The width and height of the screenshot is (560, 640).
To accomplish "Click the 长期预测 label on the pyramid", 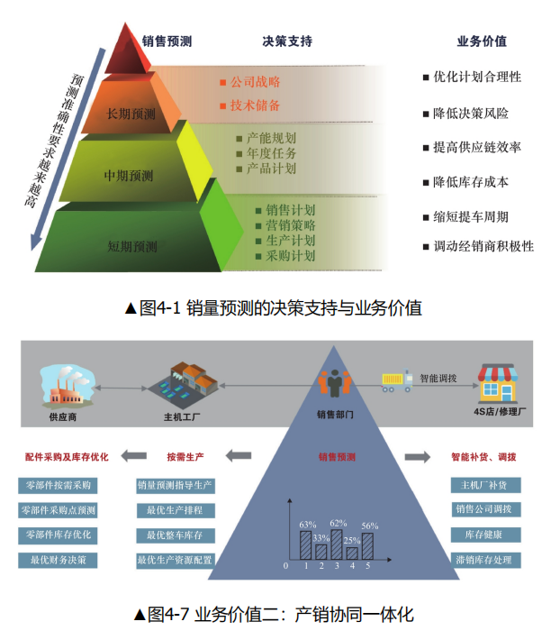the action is point(131,114).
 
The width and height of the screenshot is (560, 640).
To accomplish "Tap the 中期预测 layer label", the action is point(129,175).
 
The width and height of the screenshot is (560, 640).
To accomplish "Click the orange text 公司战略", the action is point(256,82).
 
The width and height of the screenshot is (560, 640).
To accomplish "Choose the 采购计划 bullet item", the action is point(290,256).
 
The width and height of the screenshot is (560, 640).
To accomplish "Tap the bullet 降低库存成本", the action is point(471,182).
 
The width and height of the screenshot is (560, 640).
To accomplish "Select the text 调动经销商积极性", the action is point(483,246).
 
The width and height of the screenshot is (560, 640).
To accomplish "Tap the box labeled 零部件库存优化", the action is point(58,535).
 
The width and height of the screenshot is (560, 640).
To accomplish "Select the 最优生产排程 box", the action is point(175,511).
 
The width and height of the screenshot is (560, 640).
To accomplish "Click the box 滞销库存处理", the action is point(485,560).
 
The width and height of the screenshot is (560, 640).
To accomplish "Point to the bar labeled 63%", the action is point(306,544).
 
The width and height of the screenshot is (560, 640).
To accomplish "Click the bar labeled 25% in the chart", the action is point(351,552).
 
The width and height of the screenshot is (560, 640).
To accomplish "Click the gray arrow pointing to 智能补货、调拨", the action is point(418,457).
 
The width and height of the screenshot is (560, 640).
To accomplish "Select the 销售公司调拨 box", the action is point(485,510).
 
